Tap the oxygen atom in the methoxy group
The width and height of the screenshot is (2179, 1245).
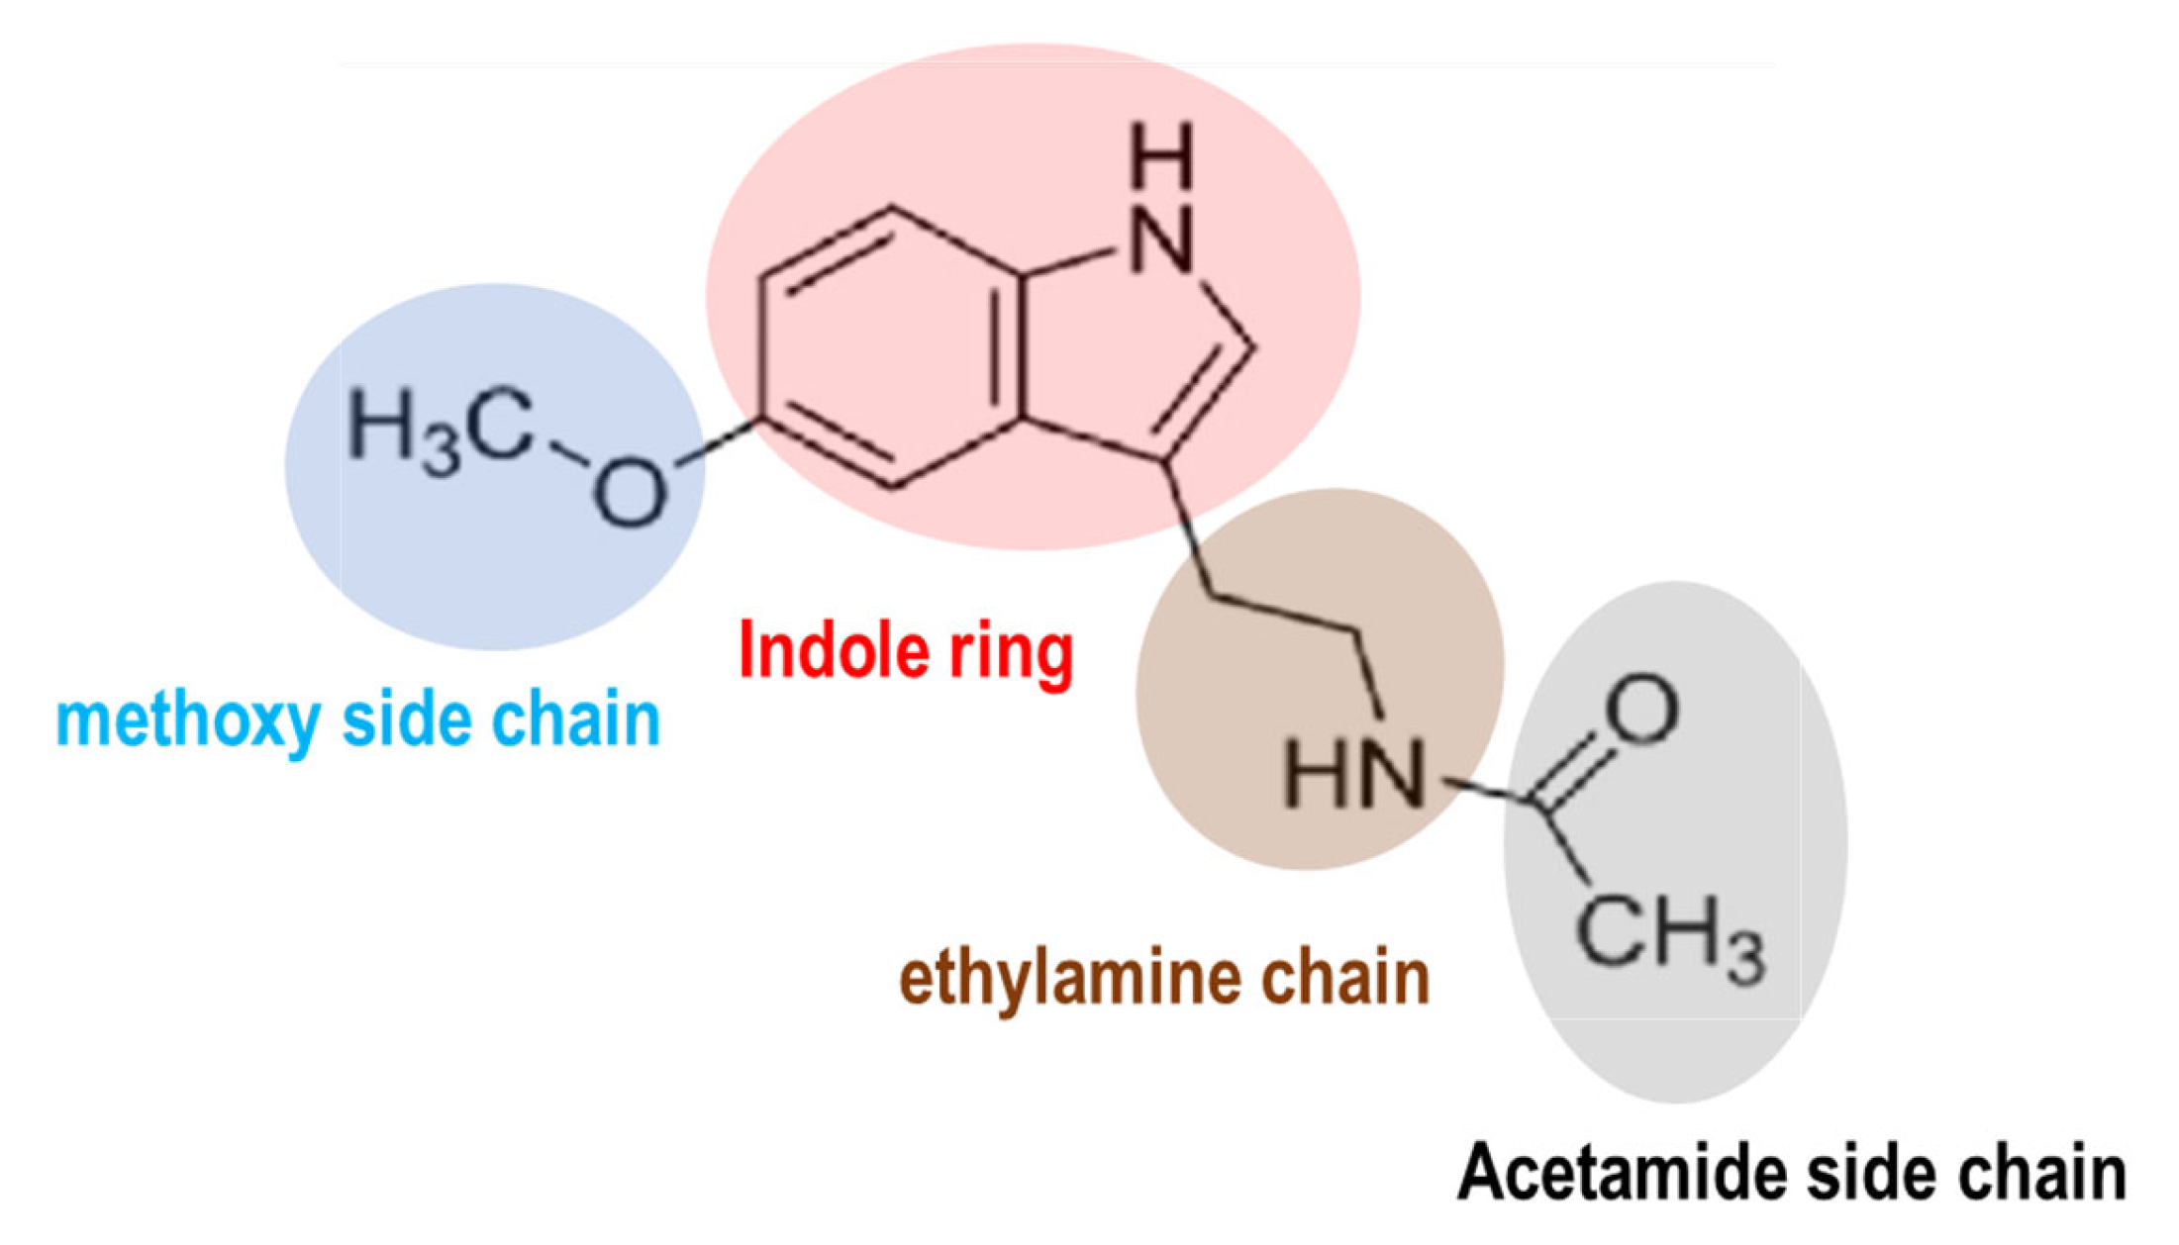click(629, 492)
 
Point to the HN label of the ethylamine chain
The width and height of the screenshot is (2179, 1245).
click(1354, 772)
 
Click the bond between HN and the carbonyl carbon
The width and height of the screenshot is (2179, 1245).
click(1482, 789)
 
